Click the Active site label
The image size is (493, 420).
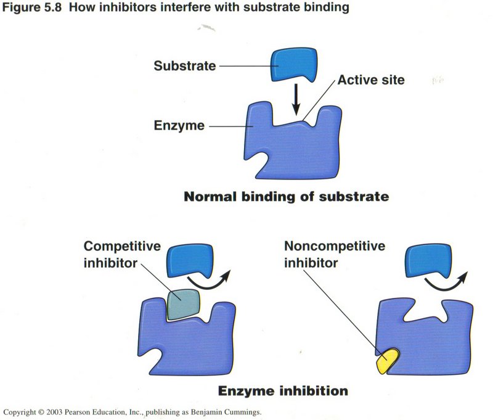370,81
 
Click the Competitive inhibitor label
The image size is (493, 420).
121,254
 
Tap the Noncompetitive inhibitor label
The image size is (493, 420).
335,254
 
